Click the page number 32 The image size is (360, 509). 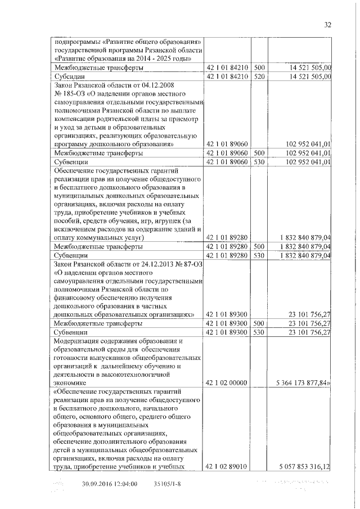pos(328,24)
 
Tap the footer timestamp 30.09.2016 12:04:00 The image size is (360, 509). pos(110,483)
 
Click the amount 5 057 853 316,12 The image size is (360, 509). pos(303,466)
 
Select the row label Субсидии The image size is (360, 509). pos(69,76)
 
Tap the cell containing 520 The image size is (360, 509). pos(259,76)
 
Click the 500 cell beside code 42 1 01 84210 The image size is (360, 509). pos(259,67)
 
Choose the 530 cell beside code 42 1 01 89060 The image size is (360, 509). pos(259,161)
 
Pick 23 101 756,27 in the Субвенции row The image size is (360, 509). pos(309,332)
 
